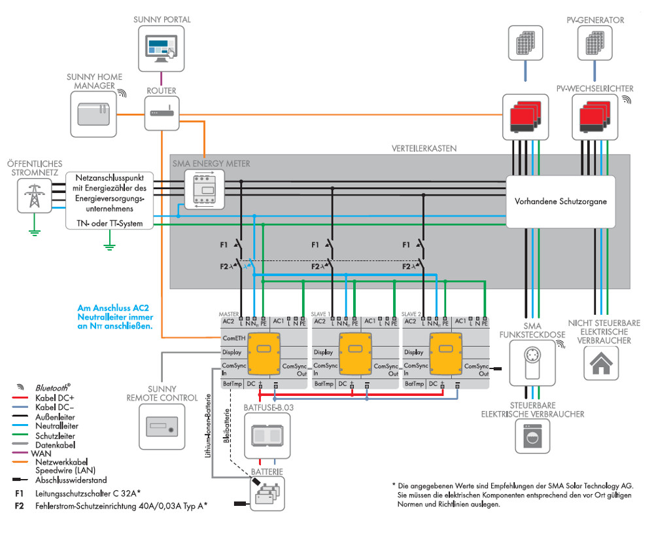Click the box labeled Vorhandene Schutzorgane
click(560, 202)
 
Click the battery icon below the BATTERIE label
click(267, 492)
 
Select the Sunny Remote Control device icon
click(161, 427)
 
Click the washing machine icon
click(533, 436)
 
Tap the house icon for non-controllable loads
click(600, 364)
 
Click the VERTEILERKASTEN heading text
click(424, 149)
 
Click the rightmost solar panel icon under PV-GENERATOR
click(596, 44)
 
